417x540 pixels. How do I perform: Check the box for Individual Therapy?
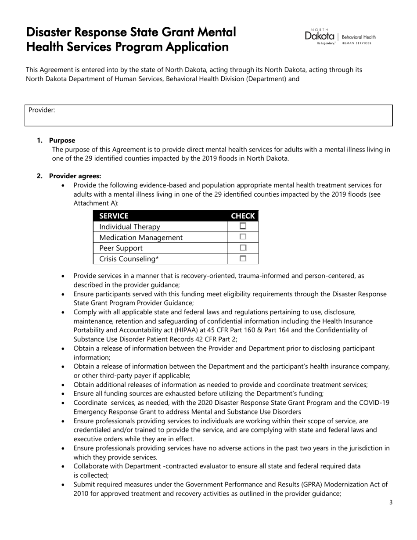(243, 226)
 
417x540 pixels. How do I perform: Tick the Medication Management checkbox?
(243, 237)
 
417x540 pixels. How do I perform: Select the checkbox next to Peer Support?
(243, 248)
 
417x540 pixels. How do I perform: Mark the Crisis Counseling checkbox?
(243, 259)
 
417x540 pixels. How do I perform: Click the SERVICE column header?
(114, 216)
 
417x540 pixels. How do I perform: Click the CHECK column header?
(243, 216)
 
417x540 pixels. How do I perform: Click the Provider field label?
(42, 110)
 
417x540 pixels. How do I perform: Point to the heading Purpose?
(62, 140)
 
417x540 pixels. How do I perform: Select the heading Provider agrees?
(75, 176)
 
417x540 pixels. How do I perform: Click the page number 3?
(391, 503)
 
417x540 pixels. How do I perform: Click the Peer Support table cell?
(121, 248)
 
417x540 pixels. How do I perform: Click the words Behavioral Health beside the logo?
(359, 37)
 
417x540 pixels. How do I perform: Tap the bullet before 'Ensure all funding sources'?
(64, 394)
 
